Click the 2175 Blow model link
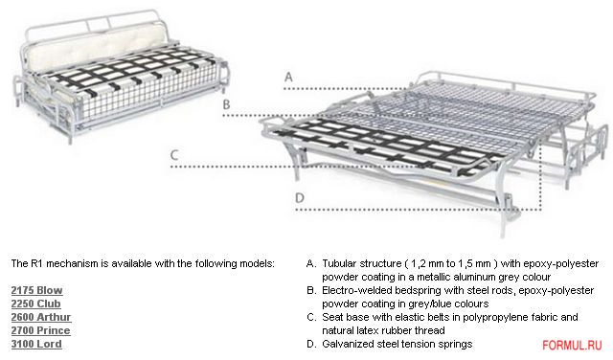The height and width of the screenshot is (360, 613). pos(36,290)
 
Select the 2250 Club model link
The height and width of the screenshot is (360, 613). pos(36,304)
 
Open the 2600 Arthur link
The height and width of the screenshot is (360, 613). pos(41,317)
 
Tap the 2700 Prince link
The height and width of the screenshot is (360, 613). pos(40,330)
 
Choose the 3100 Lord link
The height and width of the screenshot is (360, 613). pos(36,344)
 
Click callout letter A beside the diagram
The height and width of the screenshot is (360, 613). pos(288,77)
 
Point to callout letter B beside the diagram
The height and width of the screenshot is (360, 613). pos(226,104)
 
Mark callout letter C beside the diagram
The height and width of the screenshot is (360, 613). pos(174,155)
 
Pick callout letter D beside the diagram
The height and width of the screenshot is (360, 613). pos(300,198)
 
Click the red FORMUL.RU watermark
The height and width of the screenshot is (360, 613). pos(572,345)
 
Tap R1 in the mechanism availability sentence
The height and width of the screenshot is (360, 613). pos(37,264)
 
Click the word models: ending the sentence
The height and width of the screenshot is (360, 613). pos(257,264)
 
